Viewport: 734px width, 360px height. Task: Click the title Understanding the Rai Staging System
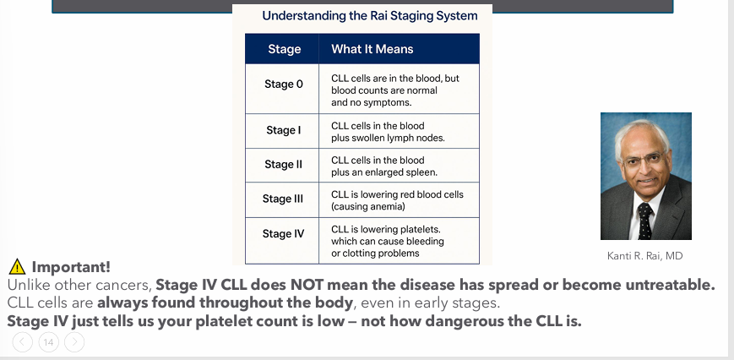tap(369, 15)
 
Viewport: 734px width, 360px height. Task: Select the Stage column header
tap(284, 49)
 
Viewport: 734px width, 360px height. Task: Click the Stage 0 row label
tap(284, 85)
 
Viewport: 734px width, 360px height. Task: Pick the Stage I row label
tap(283, 130)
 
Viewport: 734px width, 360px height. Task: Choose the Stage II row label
tap(283, 164)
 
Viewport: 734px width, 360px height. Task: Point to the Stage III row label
tap(282, 199)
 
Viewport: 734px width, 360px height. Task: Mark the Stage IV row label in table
tap(283, 233)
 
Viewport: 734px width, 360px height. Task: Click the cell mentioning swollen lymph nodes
tap(387, 131)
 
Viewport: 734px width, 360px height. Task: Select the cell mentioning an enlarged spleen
tap(383, 166)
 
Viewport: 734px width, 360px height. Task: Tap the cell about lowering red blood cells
tap(397, 200)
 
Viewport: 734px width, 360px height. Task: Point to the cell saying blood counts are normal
tap(394, 90)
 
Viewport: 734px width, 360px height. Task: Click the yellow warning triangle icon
tap(16, 267)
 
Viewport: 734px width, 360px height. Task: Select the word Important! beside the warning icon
tap(71, 267)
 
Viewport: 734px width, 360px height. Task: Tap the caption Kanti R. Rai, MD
tap(644, 255)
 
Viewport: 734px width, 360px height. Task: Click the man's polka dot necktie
tap(644, 221)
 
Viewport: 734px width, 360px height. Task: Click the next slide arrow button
tap(74, 342)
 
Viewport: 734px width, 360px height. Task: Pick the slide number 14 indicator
tap(48, 342)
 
